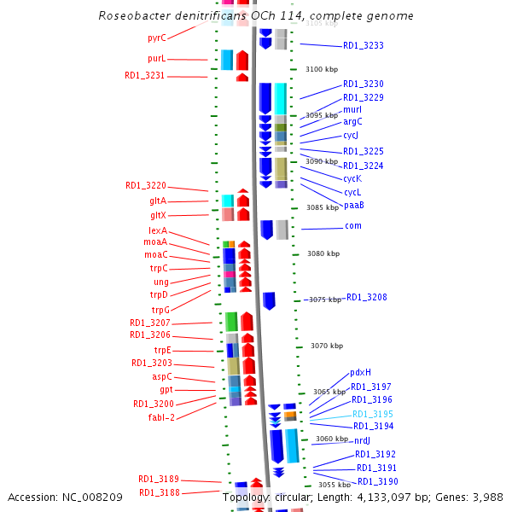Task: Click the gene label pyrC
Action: [x=156, y=38]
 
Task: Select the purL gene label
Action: [x=156, y=59]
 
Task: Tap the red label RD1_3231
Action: [x=145, y=76]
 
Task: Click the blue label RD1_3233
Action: [x=364, y=45]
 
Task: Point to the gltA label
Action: [x=158, y=201]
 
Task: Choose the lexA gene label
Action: [x=158, y=231]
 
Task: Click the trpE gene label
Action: [x=162, y=350]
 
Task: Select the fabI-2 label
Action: [x=161, y=417]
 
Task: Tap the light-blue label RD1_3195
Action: [x=373, y=414]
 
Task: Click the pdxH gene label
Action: [x=361, y=372]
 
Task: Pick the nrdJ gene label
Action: [x=363, y=440]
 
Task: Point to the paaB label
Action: [x=354, y=205]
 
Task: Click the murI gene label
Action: [x=352, y=110]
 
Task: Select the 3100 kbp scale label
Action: [x=323, y=69]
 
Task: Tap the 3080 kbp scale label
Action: [x=323, y=253]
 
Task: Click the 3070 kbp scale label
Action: [x=327, y=346]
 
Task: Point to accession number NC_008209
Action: [x=95, y=497]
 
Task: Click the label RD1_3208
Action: [x=366, y=298]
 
